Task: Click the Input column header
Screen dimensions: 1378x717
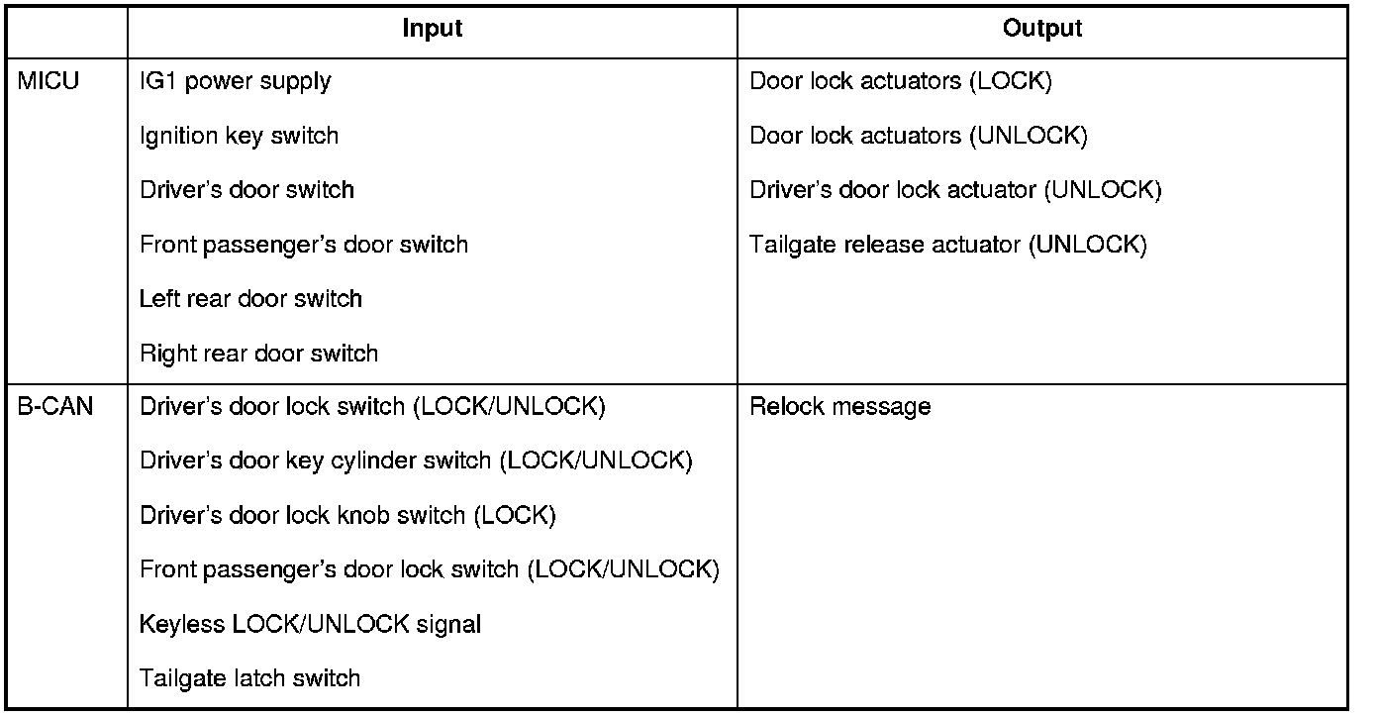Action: pyautogui.click(x=433, y=30)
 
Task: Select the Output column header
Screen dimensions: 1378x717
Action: pyautogui.click(x=1042, y=30)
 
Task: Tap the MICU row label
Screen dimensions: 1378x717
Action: pyautogui.click(x=49, y=81)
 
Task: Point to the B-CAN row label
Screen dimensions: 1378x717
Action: pyautogui.click(x=55, y=406)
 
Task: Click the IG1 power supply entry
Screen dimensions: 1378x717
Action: pyautogui.click(x=236, y=81)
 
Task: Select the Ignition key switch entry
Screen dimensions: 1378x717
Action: pyautogui.click(x=240, y=136)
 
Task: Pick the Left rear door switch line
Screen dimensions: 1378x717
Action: pyautogui.click(x=250, y=299)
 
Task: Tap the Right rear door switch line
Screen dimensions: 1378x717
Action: pyautogui.click(x=258, y=354)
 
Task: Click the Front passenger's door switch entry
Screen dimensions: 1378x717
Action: pyautogui.click(x=304, y=245)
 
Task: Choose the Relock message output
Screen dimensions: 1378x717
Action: pyautogui.click(x=839, y=406)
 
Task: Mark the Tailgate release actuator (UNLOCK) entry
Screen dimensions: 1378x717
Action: pyautogui.click(x=947, y=245)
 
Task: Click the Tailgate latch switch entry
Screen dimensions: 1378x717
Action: pyautogui.click(x=249, y=678)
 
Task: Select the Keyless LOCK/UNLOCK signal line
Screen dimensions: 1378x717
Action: pyautogui.click(x=310, y=624)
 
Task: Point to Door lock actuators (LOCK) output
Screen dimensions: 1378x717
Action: pyautogui.click(x=900, y=81)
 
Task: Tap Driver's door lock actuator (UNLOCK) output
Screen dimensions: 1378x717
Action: pyautogui.click(x=955, y=190)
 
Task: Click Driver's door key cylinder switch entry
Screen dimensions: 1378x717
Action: pyautogui.click(x=416, y=461)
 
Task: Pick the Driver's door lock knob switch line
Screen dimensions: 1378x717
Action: pyautogui.click(x=347, y=515)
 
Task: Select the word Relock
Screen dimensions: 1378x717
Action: pyautogui.click(x=783, y=406)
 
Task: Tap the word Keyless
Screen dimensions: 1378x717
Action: pyautogui.click(x=181, y=624)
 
